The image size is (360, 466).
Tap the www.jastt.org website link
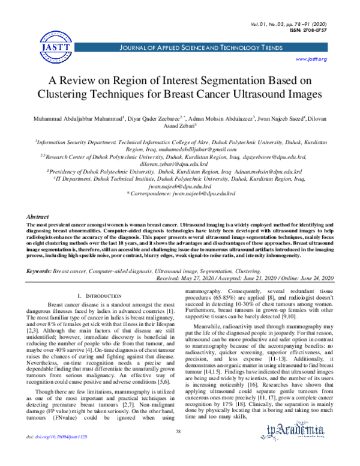click(x=311, y=59)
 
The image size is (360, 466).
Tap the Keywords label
click(x=39, y=271)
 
